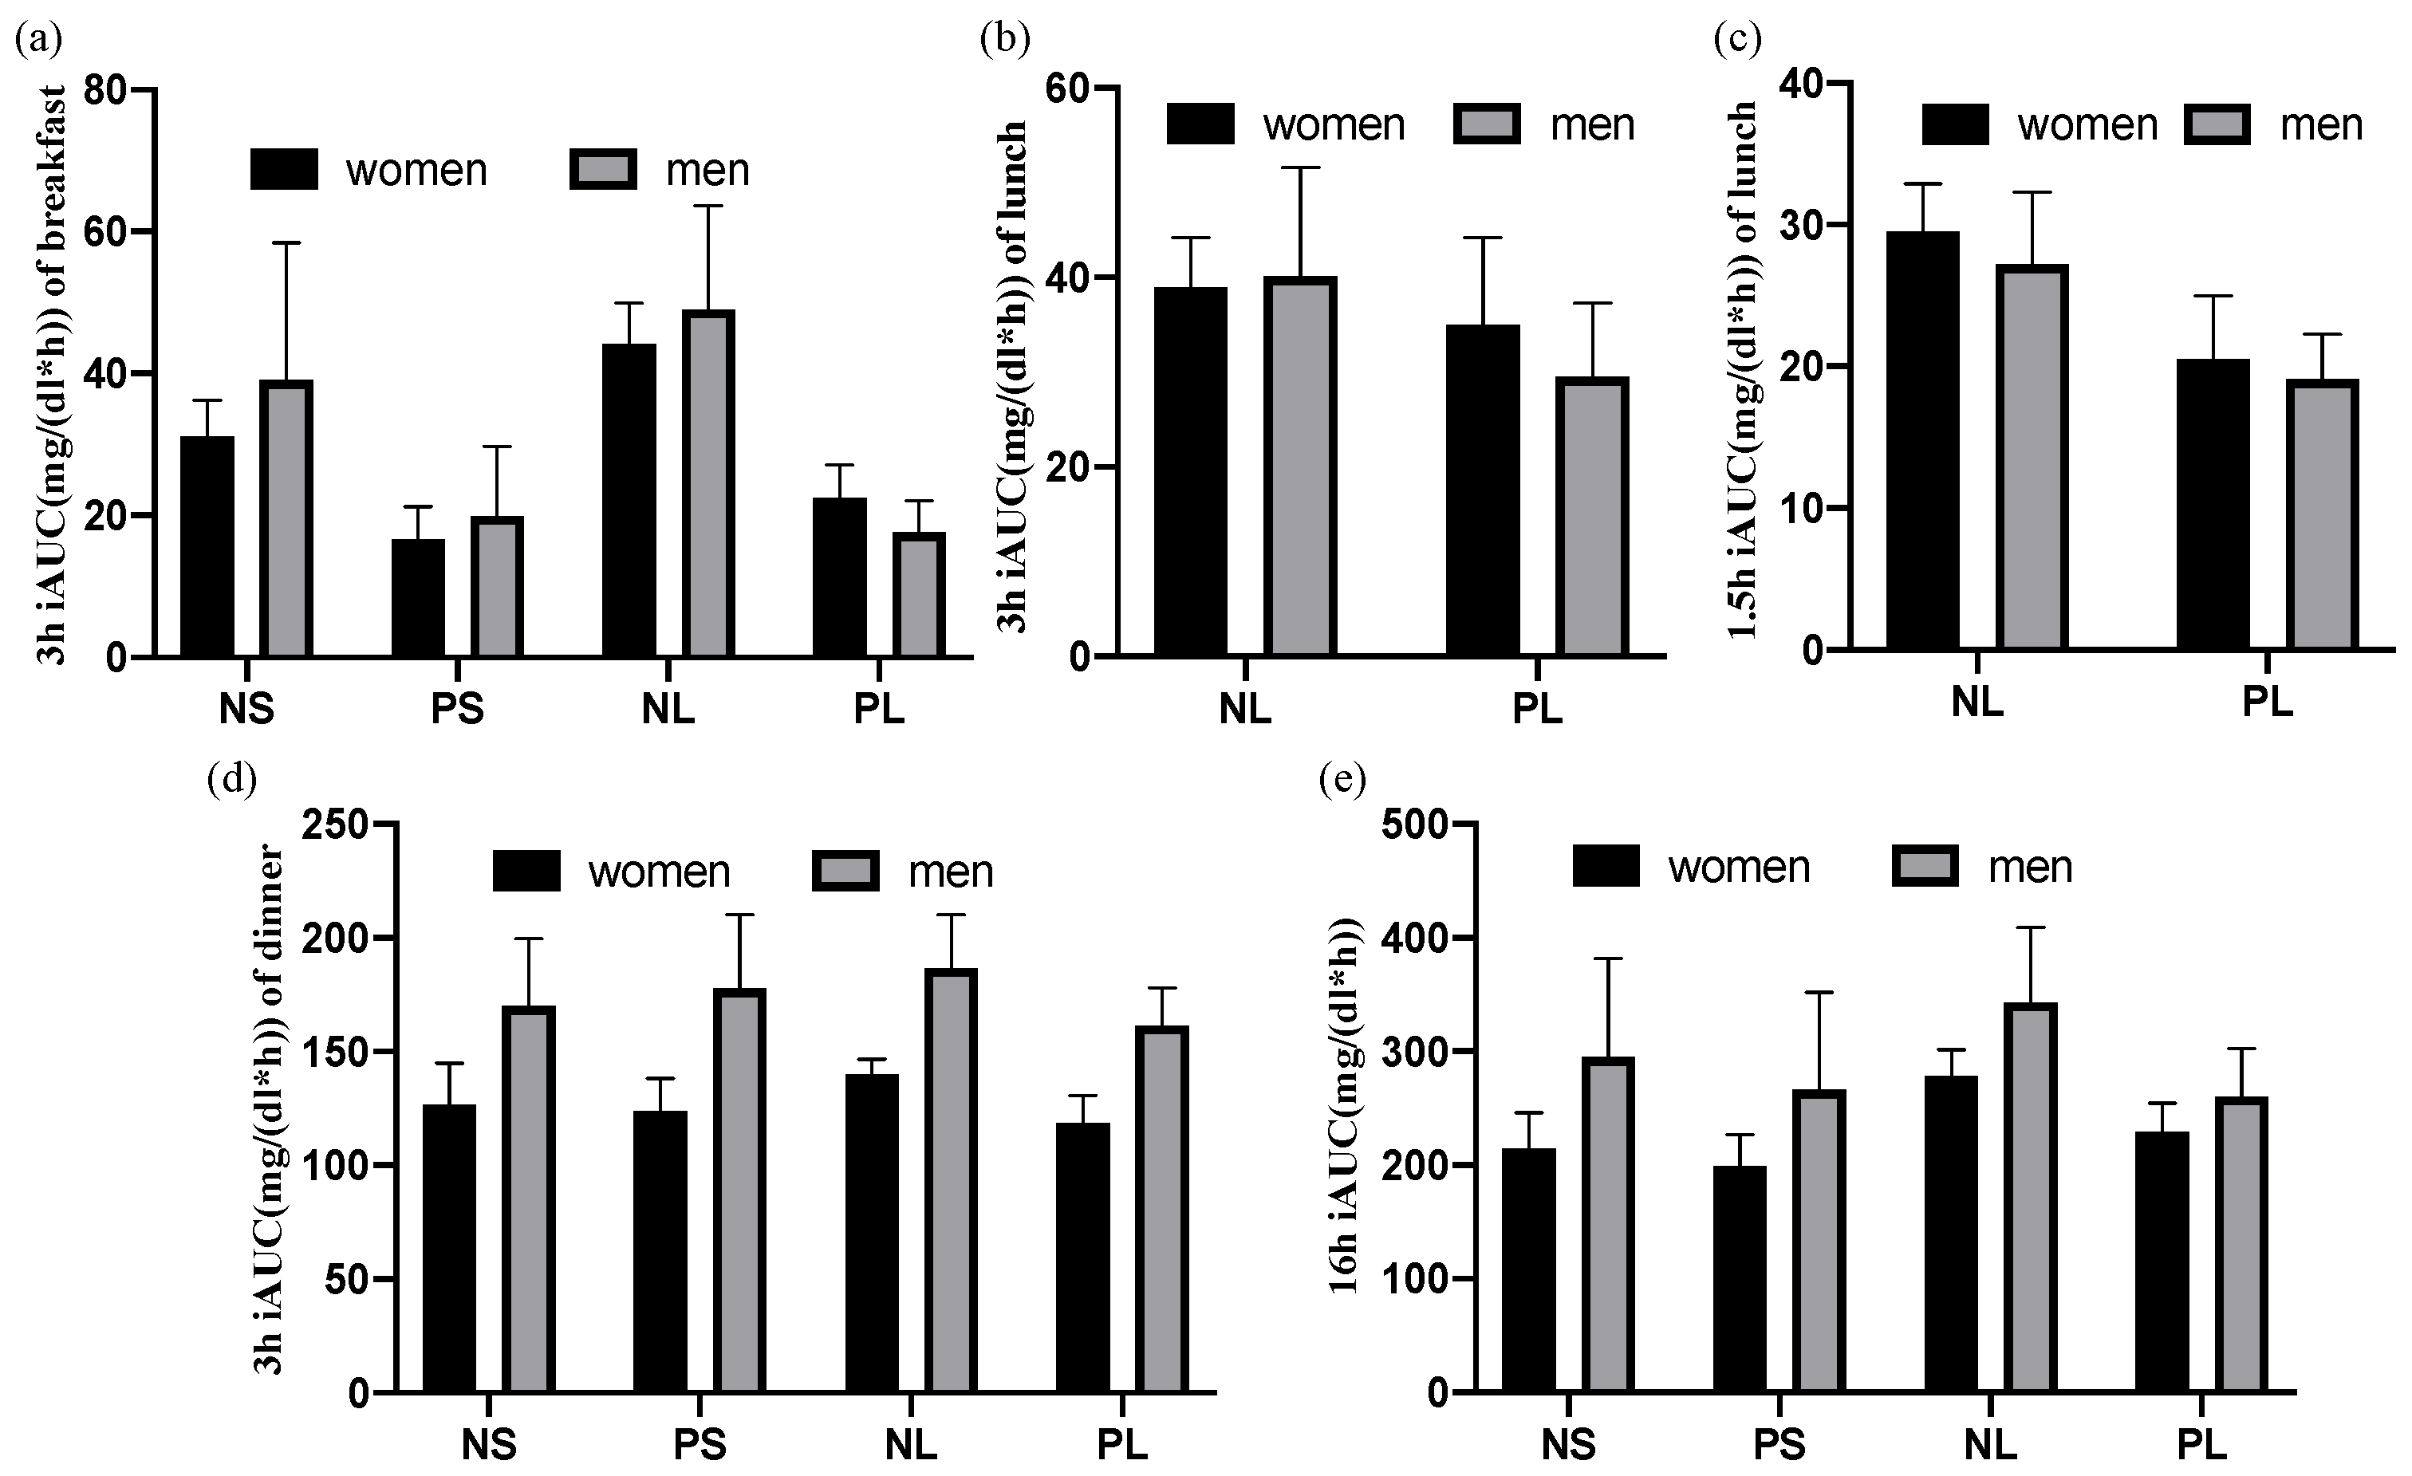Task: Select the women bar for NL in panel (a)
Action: click(629, 499)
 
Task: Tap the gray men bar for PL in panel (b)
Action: click(1593, 516)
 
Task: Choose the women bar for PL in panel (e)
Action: click(2162, 1261)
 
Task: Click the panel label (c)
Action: click(1737, 39)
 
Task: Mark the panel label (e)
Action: click(1342, 779)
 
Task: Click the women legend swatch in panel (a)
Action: click(284, 169)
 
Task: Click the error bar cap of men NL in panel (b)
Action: click(1300, 168)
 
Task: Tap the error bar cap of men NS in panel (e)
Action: click(1607, 959)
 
